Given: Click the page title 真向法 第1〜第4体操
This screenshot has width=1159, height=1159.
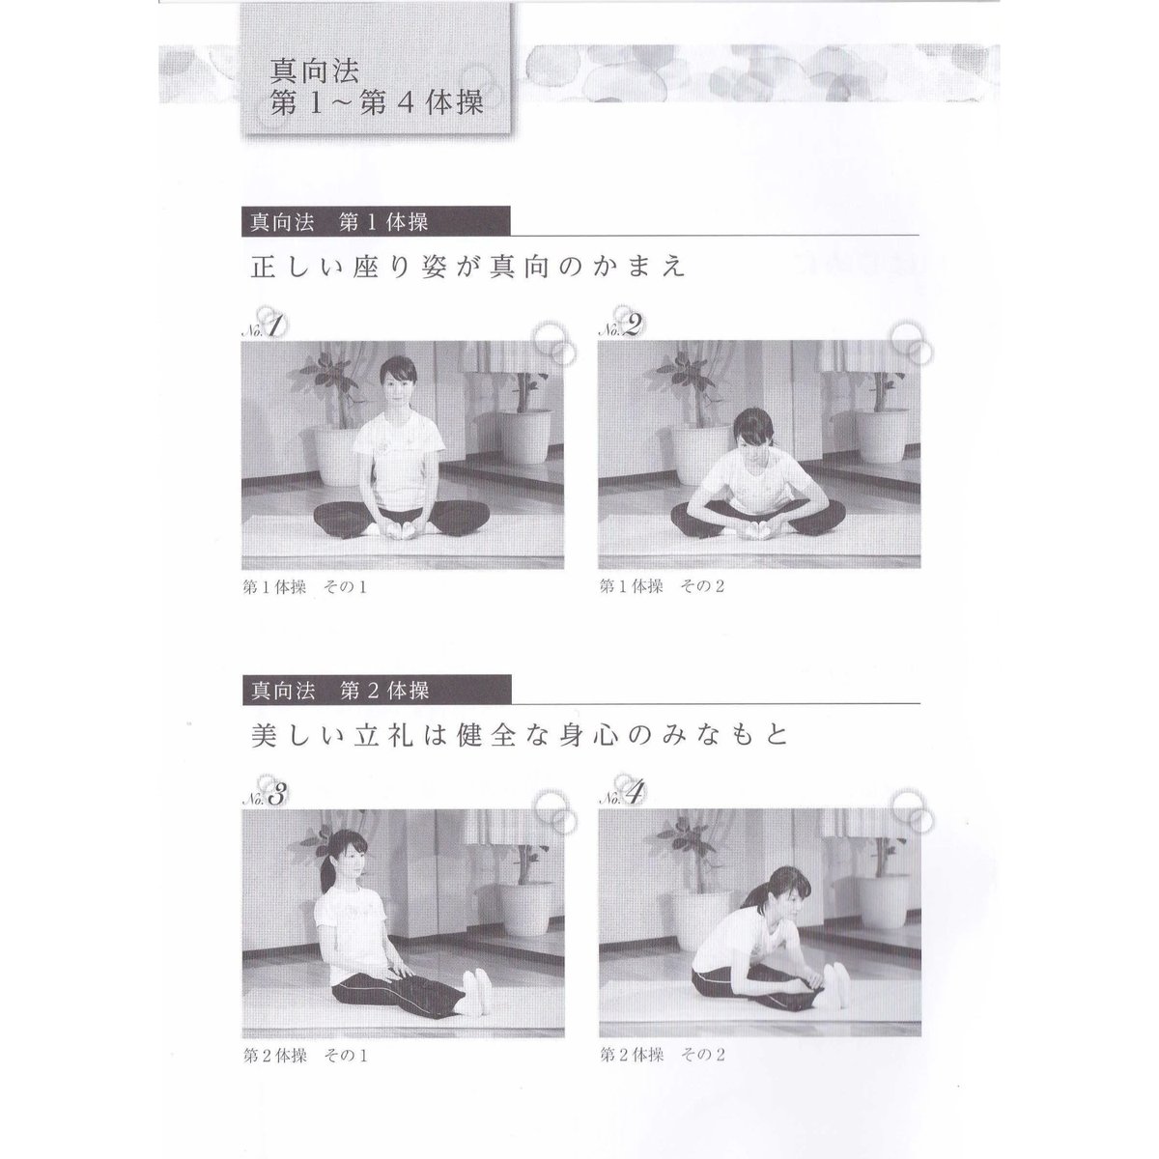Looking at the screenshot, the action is point(377,87).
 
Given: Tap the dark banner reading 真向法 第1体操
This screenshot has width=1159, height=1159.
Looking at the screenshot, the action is point(376,221).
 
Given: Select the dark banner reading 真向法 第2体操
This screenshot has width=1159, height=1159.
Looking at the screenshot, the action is point(377,690).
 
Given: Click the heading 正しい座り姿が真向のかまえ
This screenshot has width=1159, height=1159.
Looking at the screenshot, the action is point(467,267).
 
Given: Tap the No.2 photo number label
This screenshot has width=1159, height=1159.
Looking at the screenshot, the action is point(620,327).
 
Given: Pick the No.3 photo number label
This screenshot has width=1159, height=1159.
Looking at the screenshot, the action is point(264,796).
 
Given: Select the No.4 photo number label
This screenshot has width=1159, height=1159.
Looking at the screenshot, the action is point(621,796).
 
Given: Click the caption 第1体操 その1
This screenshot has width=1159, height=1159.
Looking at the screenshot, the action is point(305,587).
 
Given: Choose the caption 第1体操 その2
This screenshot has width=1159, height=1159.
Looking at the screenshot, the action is point(662,586).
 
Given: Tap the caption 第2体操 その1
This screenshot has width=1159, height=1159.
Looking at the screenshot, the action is point(305,1056).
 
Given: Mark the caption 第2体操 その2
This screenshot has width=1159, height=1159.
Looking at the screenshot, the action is point(663,1055).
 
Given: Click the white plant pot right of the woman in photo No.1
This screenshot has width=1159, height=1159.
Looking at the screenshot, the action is point(523,435).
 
